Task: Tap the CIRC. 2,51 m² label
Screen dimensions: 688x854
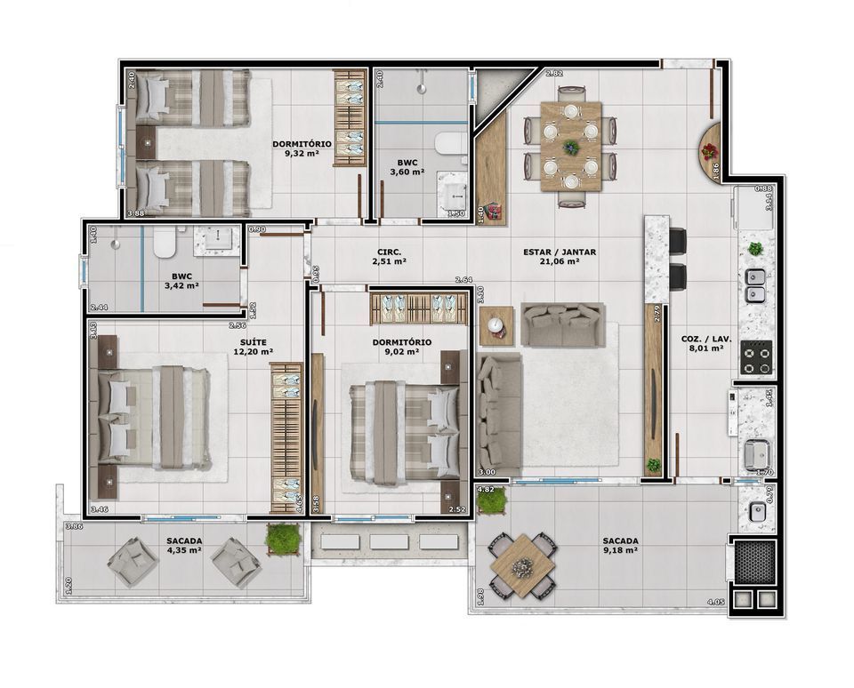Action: (x=390, y=257)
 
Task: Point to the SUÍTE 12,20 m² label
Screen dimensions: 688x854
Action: (x=253, y=347)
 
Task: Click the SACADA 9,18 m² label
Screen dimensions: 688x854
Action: (x=620, y=545)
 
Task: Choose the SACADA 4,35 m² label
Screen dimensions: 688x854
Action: (x=183, y=545)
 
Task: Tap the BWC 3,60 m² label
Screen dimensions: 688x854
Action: (x=407, y=166)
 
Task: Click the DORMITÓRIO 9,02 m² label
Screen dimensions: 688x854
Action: (x=401, y=347)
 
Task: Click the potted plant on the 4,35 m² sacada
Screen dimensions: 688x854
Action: (x=282, y=537)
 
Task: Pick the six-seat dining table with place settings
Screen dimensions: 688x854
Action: (x=569, y=146)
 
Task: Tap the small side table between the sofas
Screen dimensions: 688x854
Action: (x=495, y=325)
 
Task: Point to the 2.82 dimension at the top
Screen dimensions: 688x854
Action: (x=554, y=72)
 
